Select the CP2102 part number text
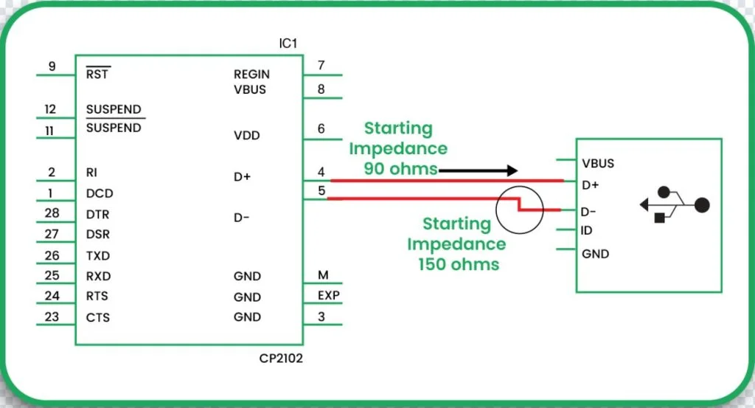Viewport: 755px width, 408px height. click(x=280, y=359)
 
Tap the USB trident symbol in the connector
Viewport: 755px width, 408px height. click(x=674, y=204)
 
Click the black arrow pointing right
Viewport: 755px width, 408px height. click(x=478, y=170)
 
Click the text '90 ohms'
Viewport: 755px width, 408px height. click(x=400, y=168)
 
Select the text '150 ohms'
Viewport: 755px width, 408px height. click(x=459, y=263)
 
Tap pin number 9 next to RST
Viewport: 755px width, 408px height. click(x=52, y=66)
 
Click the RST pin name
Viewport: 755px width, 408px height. click(x=97, y=74)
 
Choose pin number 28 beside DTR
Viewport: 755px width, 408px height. click(x=52, y=213)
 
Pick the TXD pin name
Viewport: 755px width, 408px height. click(x=98, y=256)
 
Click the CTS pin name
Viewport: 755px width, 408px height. click(x=98, y=317)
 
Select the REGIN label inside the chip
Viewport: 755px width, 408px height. click(x=251, y=74)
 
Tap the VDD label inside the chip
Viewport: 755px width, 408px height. click(x=246, y=136)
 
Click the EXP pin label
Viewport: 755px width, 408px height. click(x=328, y=296)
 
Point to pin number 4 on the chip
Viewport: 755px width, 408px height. click(x=321, y=172)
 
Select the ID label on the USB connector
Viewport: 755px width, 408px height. click(x=586, y=231)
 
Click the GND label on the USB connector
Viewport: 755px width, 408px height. click(x=595, y=254)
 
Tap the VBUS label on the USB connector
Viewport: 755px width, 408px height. click(x=597, y=164)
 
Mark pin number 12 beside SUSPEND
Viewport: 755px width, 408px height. click(x=50, y=109)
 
